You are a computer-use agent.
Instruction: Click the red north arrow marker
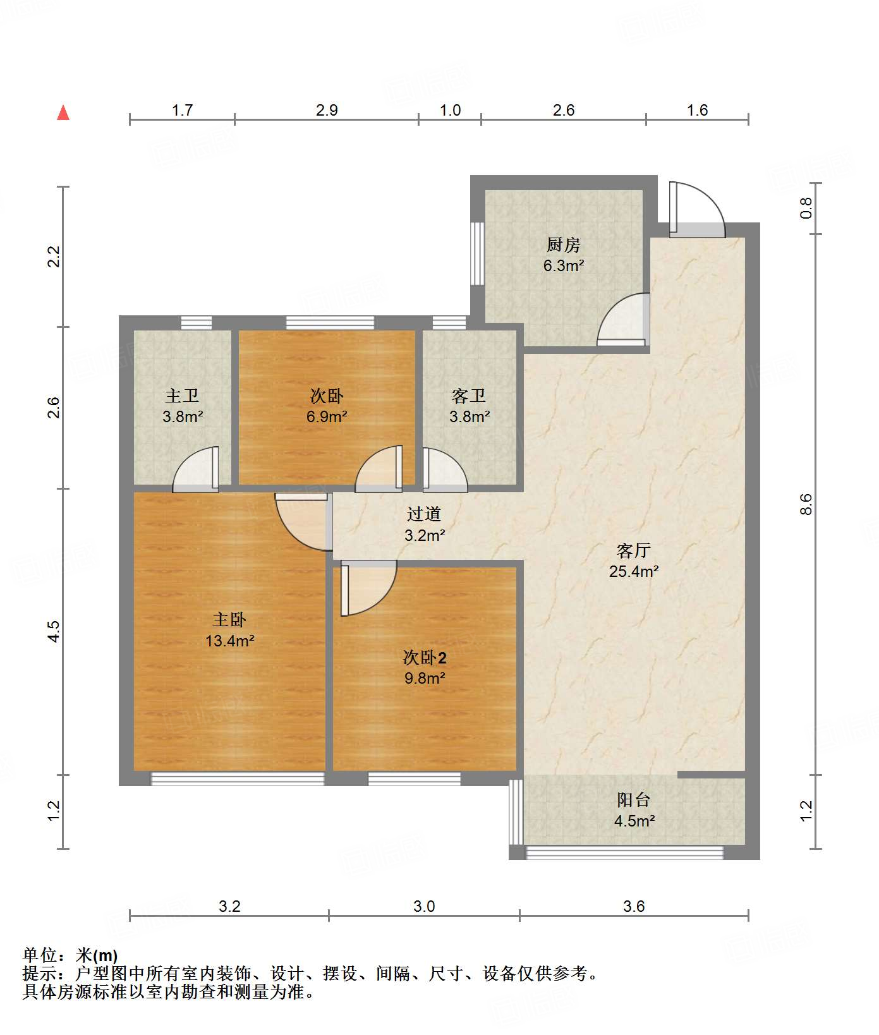[63, 112]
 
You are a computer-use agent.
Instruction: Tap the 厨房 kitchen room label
[563, 245]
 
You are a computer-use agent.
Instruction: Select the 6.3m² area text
[564, 265]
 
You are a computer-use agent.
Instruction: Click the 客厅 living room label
[634, 550]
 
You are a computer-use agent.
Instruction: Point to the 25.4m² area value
[634, 571]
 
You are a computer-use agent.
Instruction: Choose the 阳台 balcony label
[634, 800]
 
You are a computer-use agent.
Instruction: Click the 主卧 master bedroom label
[229, 619]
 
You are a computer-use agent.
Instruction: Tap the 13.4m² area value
[229, 641]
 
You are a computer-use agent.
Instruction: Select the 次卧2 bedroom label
[425, 658]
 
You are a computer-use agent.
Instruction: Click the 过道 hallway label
[424, 514]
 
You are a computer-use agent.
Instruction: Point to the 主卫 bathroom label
[182, 396]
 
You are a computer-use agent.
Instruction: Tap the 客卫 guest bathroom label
[469, 396]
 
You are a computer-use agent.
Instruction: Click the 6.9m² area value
[327, 416]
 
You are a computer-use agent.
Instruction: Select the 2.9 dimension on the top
[327, 111]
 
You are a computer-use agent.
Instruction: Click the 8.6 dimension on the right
[805, 505]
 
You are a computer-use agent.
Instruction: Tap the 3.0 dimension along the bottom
[424, 907]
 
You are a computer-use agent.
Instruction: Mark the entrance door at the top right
[696, 210]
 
